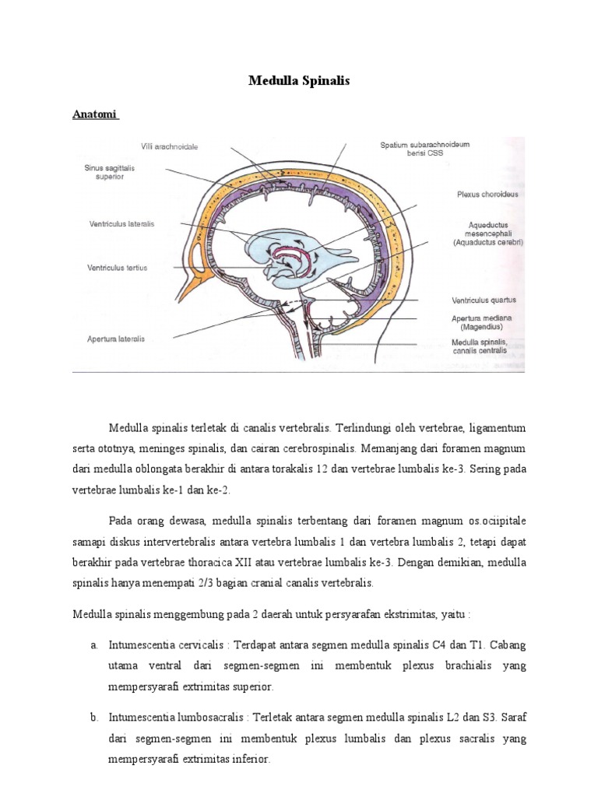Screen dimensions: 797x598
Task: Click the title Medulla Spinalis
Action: pyautogui.click(x=299, y=80)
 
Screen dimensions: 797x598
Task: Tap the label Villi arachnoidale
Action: pyautogui.click(x=169, y=146)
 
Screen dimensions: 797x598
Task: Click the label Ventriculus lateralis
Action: pyautogui.click(x=122, y=223)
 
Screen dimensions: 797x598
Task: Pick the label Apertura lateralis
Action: pyautogui.click(x=116, y=339)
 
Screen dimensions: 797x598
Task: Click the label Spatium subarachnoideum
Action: pyautogui.click(x=424, y=149)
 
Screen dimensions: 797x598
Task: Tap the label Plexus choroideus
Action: pyautogui.click(x=487, y=194)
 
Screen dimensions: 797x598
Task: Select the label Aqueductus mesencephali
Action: pyautogui.click(x=488, y=233)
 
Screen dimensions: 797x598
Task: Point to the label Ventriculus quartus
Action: pyautogui.click(x=484, y=299)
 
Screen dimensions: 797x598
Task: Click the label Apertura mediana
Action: pyautogui.click(x=483, y=322)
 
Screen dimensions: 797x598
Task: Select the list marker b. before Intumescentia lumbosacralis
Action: pyautogui.click(x=93, y=717)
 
